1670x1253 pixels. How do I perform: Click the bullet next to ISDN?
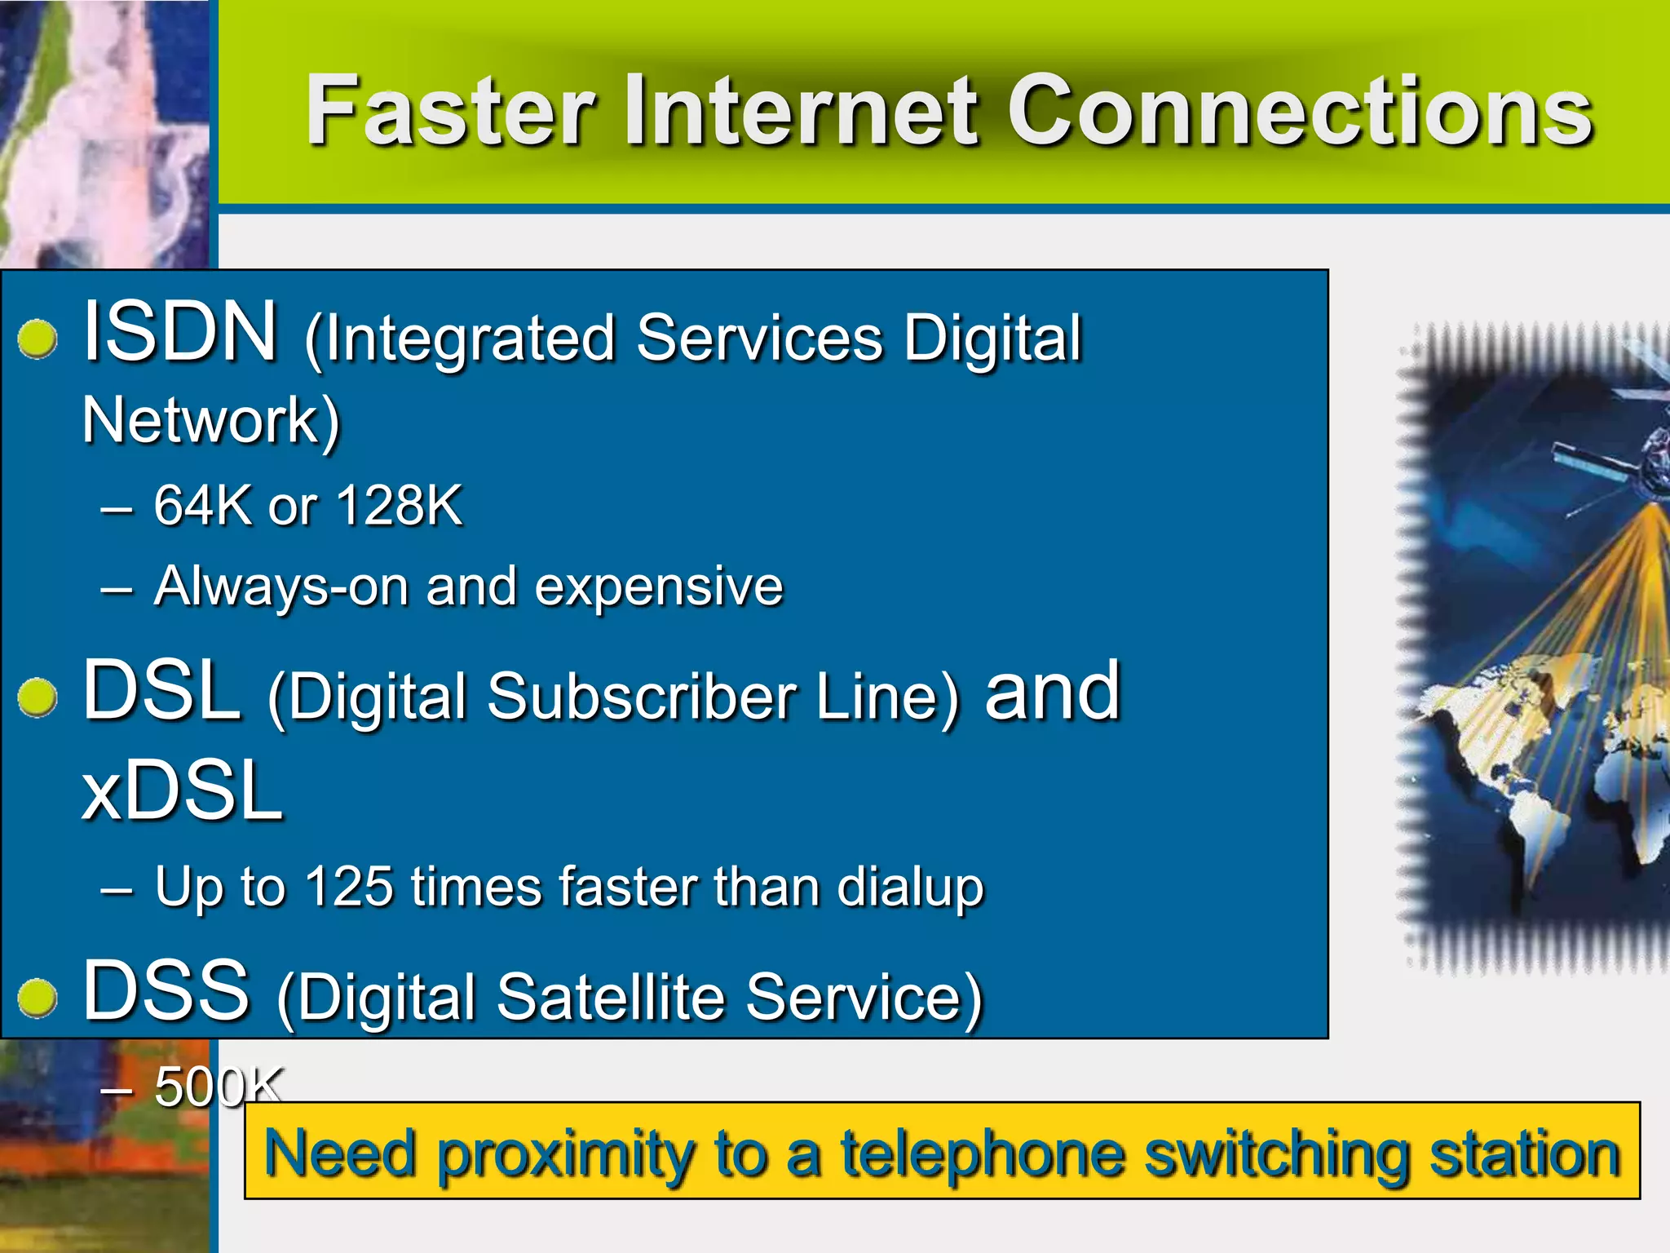(x=38, y=338)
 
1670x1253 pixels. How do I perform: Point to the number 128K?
(x=399, y=506)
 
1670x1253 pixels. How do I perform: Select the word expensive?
(x=659, y=587)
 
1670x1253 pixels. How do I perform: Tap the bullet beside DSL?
(x=38, y=697)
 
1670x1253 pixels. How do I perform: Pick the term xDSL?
(x=183, y=790)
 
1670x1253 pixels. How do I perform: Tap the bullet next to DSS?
(x=38, y=998)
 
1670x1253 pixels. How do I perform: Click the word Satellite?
(x=611, y=997)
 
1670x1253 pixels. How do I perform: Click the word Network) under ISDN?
(x=211, y=421)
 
